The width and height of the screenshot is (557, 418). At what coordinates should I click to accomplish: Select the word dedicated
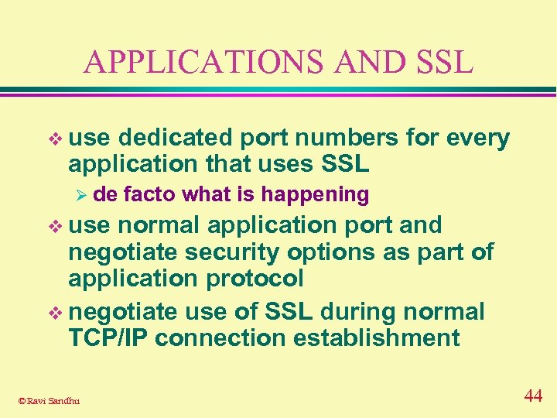(x=175, y=139)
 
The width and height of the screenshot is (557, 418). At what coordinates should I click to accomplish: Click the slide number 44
(x=533, y=396)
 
